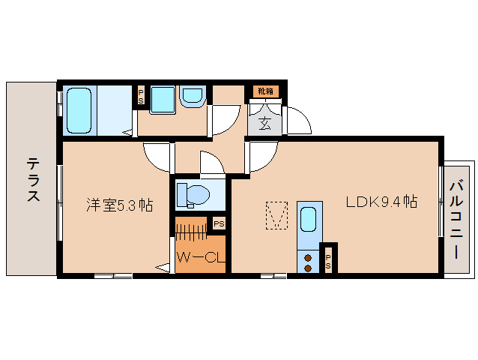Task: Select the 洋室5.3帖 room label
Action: pyautogui.click(x=119, y=205)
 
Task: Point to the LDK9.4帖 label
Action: pyautogui.click(x=381, y=202)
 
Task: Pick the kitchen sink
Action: pyautogui.click(x=308, y=221)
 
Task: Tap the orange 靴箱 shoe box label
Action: pyautogui.click(x=265, y=91)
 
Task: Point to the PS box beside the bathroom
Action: pyautogui.click(x=140, y=96)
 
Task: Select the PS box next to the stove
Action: pyautogui.click(x=328, y=259)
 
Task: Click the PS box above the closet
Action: pyautogui.click(x=218, y=223)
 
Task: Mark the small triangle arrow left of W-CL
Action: pyautogui.click(x=162, y=265)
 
